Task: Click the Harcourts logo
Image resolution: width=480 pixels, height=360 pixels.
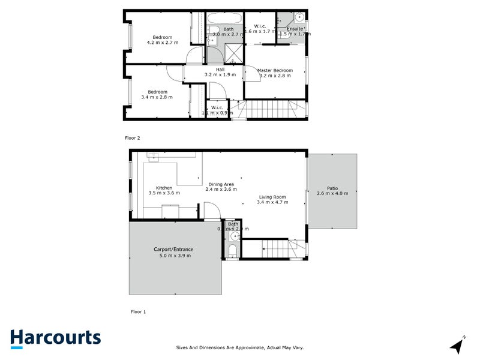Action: (x=55, y=338)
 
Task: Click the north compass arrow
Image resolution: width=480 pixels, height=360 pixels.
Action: (x=458, y=344)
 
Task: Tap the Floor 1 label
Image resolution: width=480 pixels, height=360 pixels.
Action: (x=138, y=311)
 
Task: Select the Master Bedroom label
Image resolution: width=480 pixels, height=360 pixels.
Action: (x=275, y=70)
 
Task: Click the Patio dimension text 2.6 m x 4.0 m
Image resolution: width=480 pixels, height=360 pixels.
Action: (x=332, y=194)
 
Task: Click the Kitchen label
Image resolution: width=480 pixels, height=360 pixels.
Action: (x=164, y=188)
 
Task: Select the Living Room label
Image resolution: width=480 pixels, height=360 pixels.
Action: (x=272, y=197)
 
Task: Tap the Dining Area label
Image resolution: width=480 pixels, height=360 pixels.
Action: (x=221, y=184)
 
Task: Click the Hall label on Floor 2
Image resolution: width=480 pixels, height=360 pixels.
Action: (x=220, y=69)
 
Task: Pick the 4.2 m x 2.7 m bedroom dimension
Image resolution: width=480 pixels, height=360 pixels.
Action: (x=163, y=43)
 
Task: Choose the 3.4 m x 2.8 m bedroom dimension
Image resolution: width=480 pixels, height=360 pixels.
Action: (x=157, y=97)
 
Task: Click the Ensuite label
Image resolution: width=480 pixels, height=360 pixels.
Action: (x=295, y=28)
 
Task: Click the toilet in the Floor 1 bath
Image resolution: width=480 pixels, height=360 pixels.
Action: (x=232, y=250)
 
